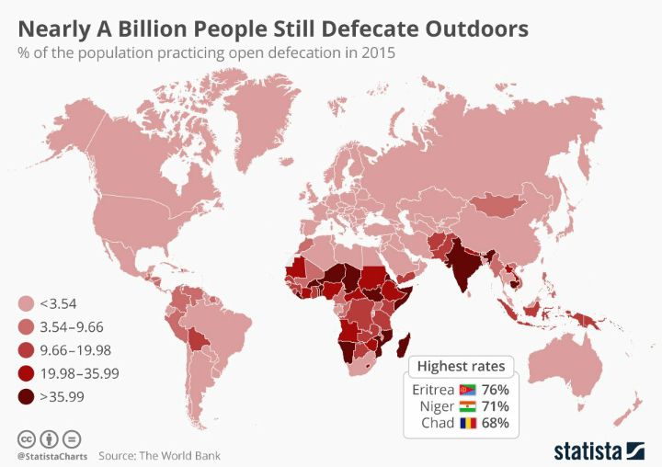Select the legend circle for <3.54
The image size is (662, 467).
pyautogui.click(x=27, y=304)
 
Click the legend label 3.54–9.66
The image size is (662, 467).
pyautogui.click(x=79, y=327)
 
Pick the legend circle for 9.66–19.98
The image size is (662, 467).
pyautogui.click(x=27, y=350)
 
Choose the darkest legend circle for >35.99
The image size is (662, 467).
pyautogui.click(x=27, y=396)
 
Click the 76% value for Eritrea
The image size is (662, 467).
pyautogui.click(x=495, y=389)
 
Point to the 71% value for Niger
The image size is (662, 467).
pyautogui.click(x=495, y=406)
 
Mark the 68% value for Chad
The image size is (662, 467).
pyautogui.click(x=495, y=424)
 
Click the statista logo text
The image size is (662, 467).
pyautogui.click(x=588, y=450)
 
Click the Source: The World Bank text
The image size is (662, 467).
pyautogui.click(x=159, y=455)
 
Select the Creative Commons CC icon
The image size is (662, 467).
pyautogui.click(x=25, y=438)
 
